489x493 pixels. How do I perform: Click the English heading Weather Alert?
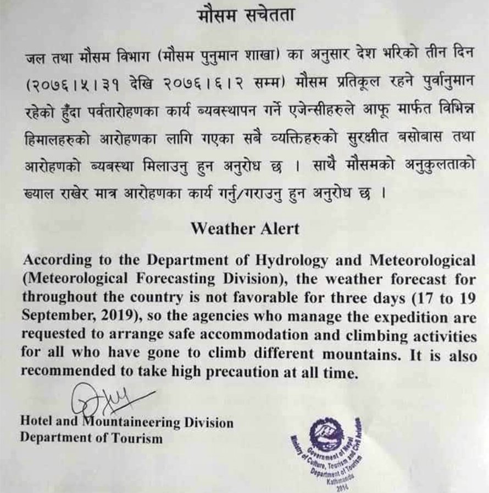coord(245,229)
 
